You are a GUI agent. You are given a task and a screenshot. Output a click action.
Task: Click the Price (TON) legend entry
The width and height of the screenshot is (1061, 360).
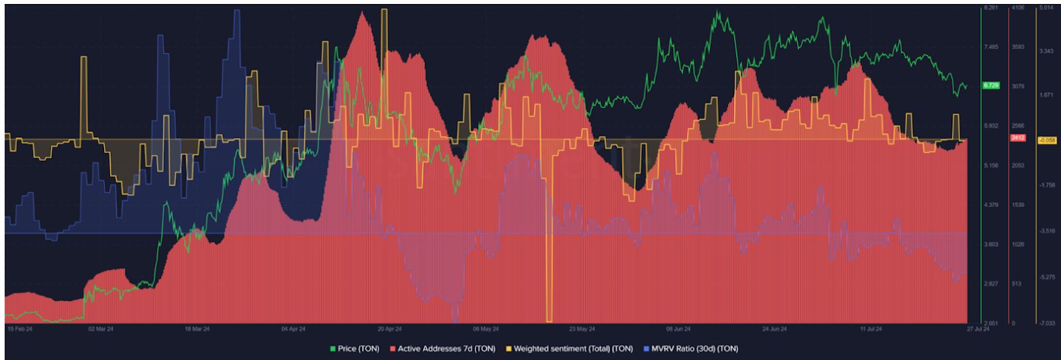pos(355,349)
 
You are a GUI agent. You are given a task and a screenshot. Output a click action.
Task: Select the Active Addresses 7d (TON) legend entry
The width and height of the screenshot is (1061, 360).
pos(442,349)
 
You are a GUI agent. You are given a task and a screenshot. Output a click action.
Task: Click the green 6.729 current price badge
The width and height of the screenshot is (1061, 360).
pos(991,86)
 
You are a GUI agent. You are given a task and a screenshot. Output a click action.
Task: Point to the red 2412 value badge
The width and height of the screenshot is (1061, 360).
pos(1017,138)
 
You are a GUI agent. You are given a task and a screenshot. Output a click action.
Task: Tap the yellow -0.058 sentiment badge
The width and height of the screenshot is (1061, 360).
pos(1047,140)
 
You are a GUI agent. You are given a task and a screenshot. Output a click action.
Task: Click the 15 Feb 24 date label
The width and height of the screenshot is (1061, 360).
pos(19,329)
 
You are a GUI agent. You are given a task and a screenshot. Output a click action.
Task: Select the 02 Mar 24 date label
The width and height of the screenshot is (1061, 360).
pos(101,329)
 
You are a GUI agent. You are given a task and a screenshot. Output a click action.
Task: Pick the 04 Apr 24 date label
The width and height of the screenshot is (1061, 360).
pos(293,329)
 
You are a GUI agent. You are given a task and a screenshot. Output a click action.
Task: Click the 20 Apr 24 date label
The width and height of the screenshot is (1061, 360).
pos(390,329)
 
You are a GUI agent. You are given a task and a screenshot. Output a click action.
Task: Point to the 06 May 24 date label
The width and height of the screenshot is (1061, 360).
pos(486,329)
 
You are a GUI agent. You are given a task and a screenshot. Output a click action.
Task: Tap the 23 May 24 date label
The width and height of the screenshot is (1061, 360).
pos(582,329)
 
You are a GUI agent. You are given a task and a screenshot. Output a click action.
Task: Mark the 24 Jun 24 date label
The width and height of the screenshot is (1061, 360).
pos(775,329)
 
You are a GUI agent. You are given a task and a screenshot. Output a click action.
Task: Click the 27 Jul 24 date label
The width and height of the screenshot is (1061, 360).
pos(977,329)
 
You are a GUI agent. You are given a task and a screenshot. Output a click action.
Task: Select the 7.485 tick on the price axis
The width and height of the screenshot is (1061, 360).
pos(991,47)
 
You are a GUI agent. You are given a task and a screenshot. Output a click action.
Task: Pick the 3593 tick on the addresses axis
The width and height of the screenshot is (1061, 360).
pos(1017,47)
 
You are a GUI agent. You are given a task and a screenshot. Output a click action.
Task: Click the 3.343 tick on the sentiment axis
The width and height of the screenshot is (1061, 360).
pos(1047,51)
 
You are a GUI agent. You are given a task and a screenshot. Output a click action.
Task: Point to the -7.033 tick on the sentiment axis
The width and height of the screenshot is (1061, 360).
pos(1047,323)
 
